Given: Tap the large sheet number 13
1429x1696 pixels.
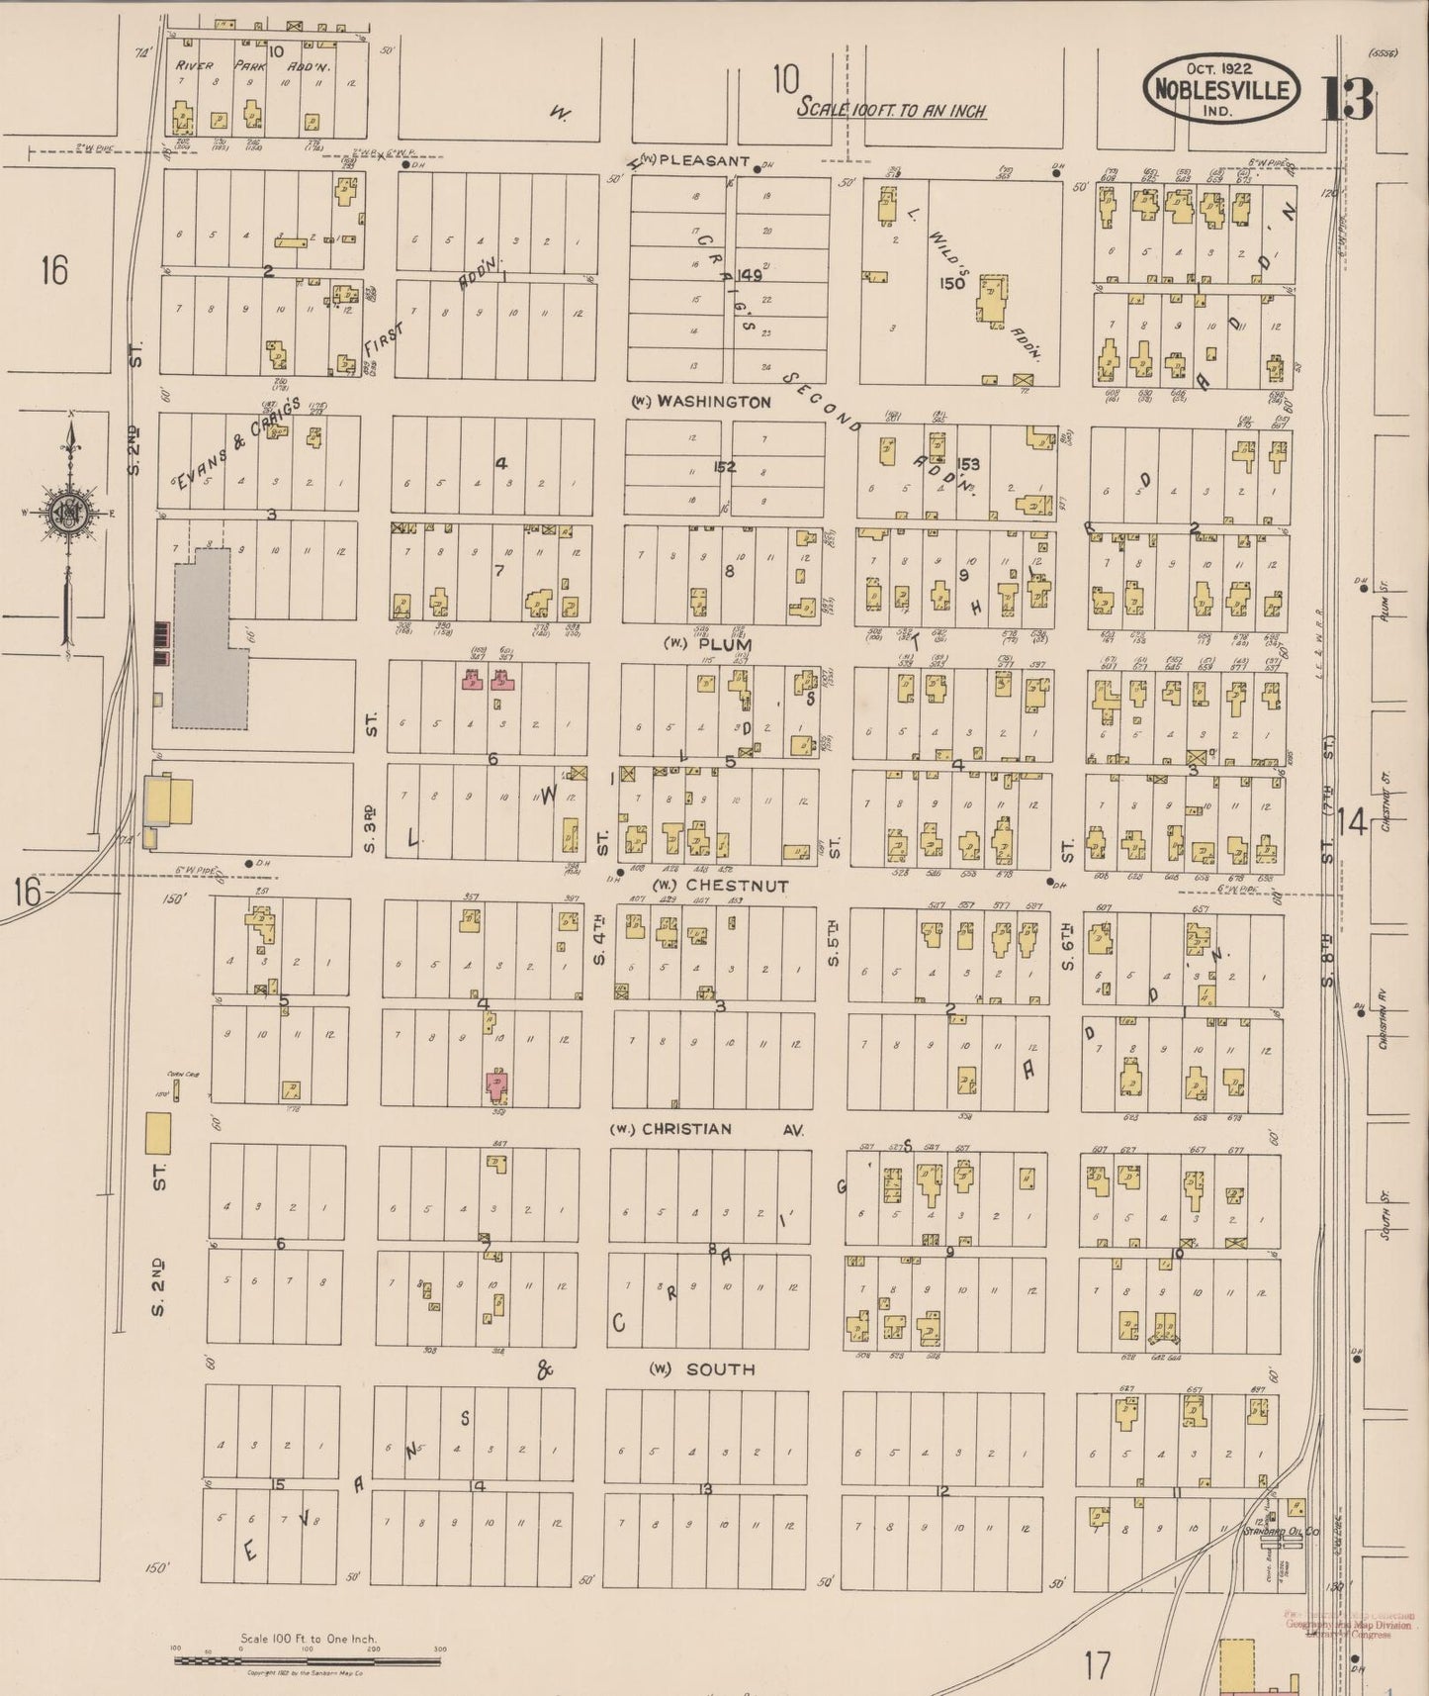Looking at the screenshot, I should click(1347, 98).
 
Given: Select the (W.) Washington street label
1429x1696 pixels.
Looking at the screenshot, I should click(702, 402).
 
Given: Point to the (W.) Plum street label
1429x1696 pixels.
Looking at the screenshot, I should click(707, 644).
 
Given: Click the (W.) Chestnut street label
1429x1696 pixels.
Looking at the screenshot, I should click(719, 886).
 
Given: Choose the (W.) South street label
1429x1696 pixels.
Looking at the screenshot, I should click(702, 1369).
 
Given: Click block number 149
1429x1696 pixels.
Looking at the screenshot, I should click(748, 276).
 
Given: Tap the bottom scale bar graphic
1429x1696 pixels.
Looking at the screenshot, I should click(308, 1661).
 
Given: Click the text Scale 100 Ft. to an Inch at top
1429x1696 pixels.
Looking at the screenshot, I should click(891, 111).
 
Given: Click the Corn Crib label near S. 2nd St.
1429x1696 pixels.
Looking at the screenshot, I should click(177, 1072).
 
